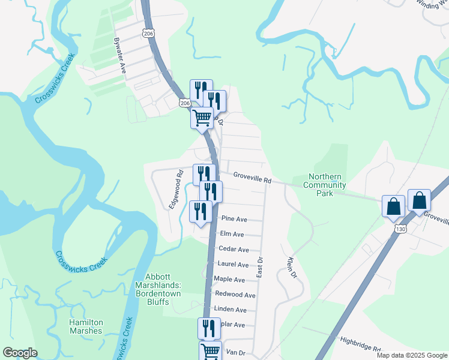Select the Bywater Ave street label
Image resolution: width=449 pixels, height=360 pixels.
119,56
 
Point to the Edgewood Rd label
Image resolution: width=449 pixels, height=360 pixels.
175,190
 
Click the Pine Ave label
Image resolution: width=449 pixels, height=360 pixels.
234,219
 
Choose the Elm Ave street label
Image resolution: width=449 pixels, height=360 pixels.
232,234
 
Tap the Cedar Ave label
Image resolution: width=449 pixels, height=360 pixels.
234,249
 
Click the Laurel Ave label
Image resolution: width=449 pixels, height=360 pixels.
234,264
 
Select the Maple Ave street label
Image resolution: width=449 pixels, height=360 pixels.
229,280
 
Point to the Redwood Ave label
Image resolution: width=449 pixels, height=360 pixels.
235,295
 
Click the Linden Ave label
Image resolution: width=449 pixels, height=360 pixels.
230,310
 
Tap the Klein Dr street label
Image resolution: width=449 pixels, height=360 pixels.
292,268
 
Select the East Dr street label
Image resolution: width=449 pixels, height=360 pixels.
260,266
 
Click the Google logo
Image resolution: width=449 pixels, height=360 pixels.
20,353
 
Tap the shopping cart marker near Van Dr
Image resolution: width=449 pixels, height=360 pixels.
210,351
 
